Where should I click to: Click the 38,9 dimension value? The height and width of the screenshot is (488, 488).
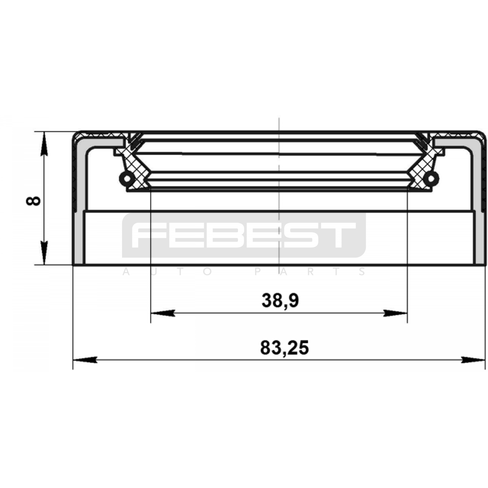point(280,300)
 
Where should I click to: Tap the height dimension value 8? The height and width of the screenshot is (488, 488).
point(34,201)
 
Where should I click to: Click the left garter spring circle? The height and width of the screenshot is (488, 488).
point(125,178)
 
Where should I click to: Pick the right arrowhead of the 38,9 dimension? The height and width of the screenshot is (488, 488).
point(395,313)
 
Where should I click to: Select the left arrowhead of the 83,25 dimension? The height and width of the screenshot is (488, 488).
point(85,360)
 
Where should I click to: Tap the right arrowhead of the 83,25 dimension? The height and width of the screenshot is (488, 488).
point(473,360)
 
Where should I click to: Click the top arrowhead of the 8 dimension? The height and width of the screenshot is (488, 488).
point(45,144)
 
